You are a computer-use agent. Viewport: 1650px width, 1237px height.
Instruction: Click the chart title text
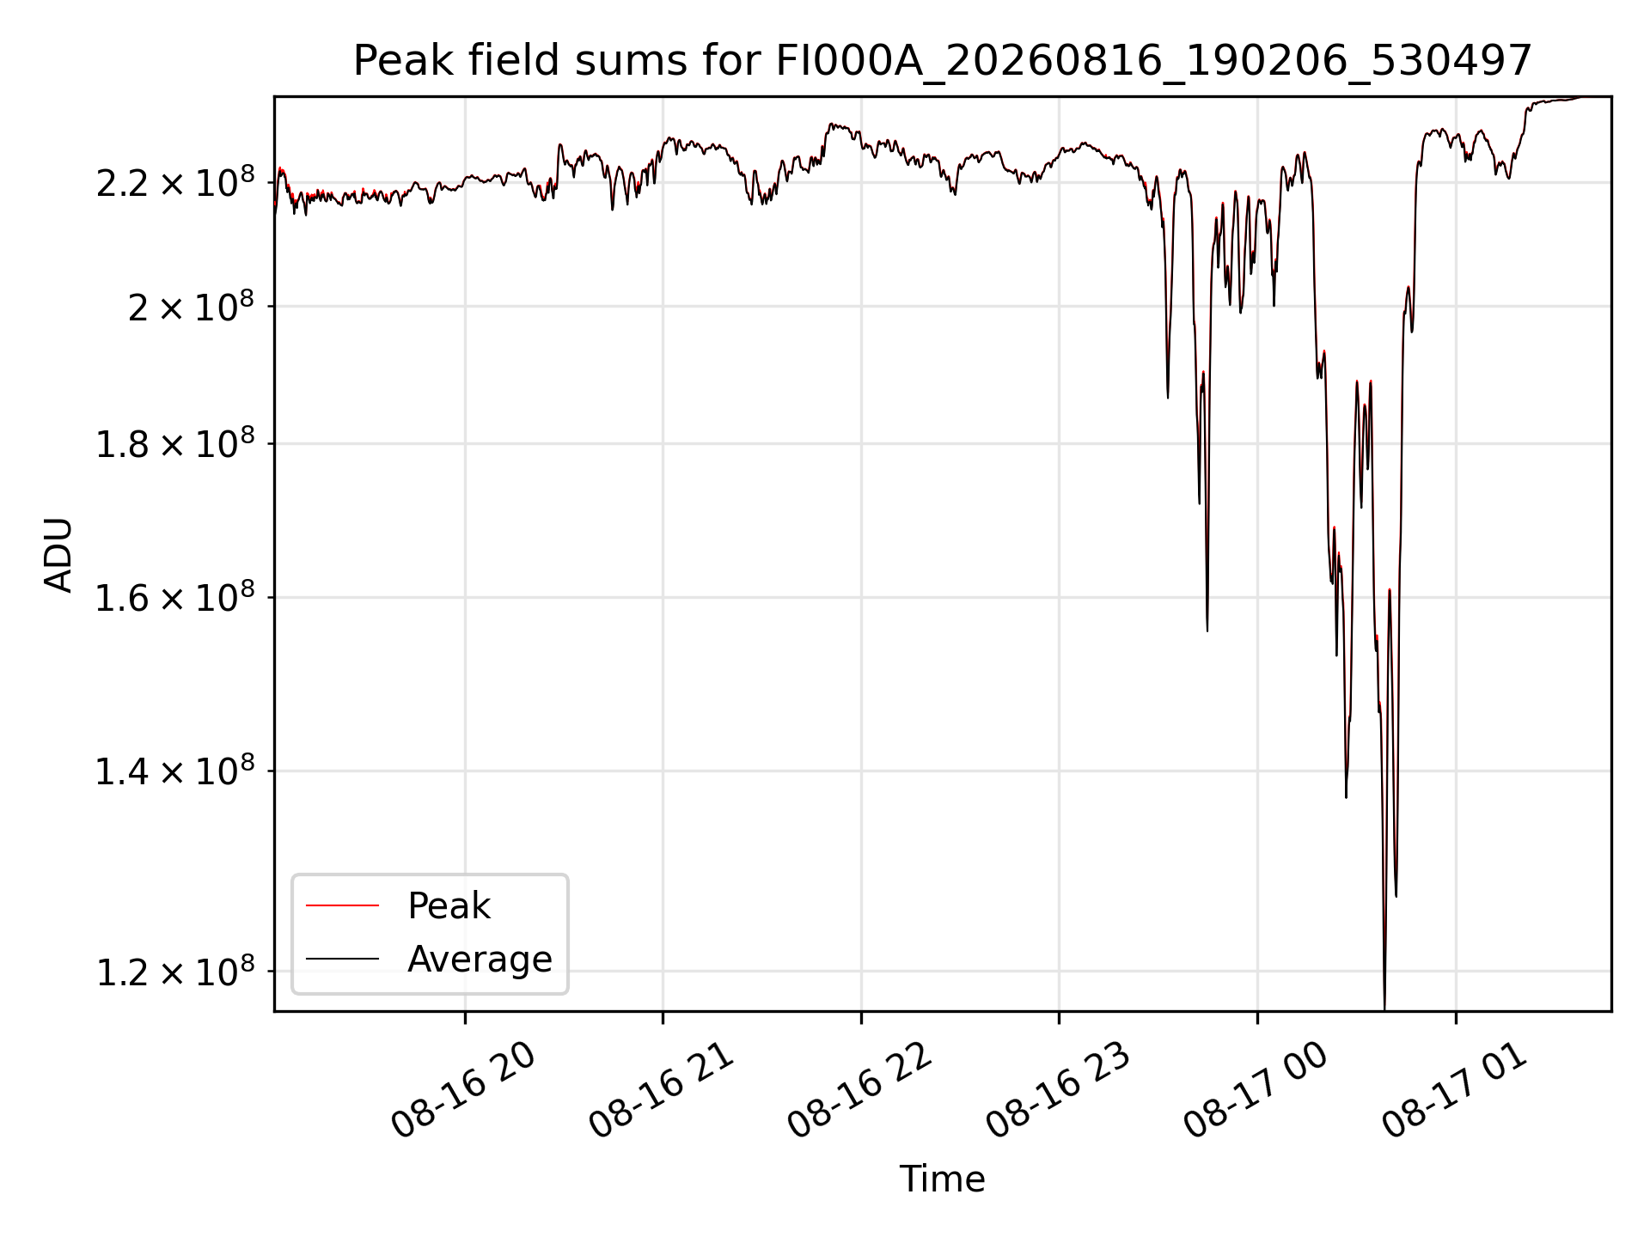(943, 61)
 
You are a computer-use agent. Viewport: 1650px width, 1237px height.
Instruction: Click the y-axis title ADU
(58, 555)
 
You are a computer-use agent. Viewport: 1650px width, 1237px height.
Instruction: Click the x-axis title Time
(942, 1179)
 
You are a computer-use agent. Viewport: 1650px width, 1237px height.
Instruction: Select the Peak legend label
(449, 905)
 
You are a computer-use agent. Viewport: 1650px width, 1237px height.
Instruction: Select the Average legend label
(480, 959)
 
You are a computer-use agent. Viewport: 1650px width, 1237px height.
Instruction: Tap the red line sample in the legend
(342, 905)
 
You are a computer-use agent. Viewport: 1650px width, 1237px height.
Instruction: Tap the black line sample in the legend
(342, 959)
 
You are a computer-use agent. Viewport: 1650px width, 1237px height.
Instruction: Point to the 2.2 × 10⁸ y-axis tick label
(175, 182)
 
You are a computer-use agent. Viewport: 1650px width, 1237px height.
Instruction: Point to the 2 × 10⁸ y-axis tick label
(191, 306)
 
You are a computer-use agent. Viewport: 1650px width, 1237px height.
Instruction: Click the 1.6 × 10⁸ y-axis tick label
(175, 597)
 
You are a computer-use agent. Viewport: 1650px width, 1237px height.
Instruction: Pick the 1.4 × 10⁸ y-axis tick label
(175, 771)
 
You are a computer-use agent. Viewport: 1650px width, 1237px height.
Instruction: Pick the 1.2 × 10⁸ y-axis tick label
(175, 972)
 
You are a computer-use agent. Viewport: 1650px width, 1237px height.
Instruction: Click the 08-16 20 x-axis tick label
(464, 1089)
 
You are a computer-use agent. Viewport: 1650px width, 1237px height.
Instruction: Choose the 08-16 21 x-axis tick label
(662, 1089)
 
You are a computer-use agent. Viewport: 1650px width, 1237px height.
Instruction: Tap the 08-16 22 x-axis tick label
(860, 1089)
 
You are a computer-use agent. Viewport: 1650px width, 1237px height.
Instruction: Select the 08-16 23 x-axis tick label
(1058, 1089)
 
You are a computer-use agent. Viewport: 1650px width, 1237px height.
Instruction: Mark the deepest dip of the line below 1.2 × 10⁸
(1384, 1007)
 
